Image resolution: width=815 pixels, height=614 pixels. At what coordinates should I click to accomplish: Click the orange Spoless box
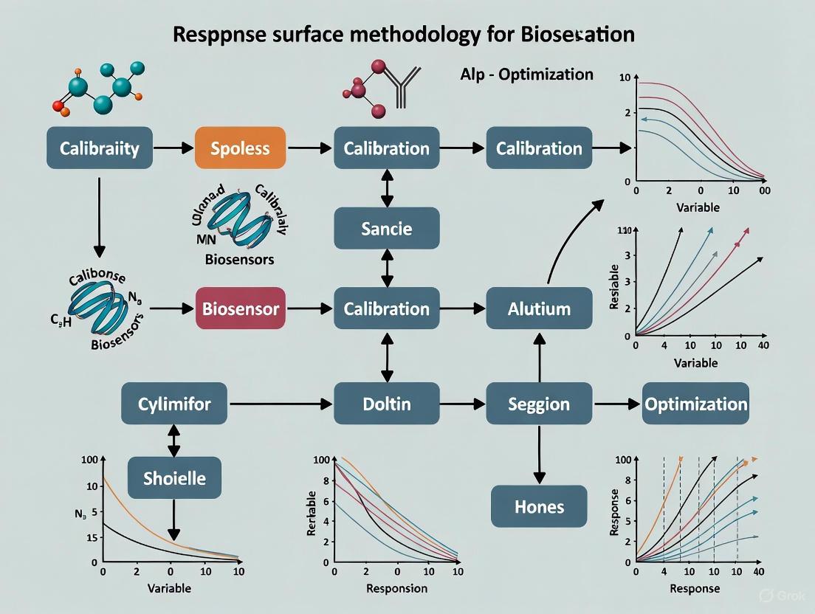(x=240, y=148)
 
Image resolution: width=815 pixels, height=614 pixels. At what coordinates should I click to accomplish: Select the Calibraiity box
(x=99, y=148)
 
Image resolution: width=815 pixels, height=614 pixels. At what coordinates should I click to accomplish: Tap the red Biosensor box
(x=241, y=308)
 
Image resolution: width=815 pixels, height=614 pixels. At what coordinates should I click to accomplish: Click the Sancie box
(x=387, y=228)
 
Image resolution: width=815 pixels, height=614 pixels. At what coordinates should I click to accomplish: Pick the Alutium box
(x=539, y=308)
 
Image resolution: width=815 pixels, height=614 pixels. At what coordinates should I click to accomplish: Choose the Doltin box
(x=387, y=404)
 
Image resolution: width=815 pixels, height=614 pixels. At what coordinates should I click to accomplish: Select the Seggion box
(x=539, y=404)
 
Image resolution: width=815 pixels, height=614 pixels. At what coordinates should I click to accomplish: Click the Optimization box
(x=695, y=404)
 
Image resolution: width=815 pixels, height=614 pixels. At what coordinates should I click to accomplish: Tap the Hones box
(x=539, y=507)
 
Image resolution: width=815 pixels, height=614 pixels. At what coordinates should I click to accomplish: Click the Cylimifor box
(x=175, y=404)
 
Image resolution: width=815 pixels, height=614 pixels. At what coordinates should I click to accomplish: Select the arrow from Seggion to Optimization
(x=616, y=404)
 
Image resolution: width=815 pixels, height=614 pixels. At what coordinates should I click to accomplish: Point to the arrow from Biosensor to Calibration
(x=310, y=308)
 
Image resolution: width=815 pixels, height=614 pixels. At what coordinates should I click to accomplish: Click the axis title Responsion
(x=396, y=588)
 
